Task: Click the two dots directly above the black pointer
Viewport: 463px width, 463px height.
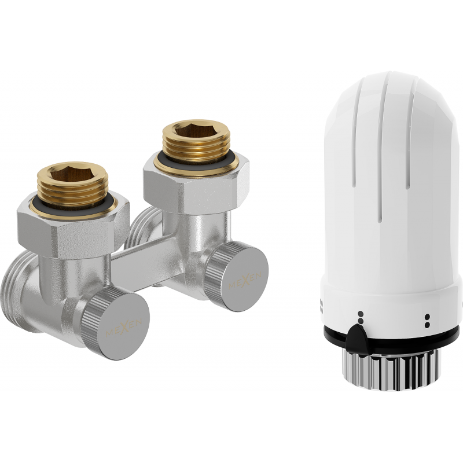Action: (x=361, y=317)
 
